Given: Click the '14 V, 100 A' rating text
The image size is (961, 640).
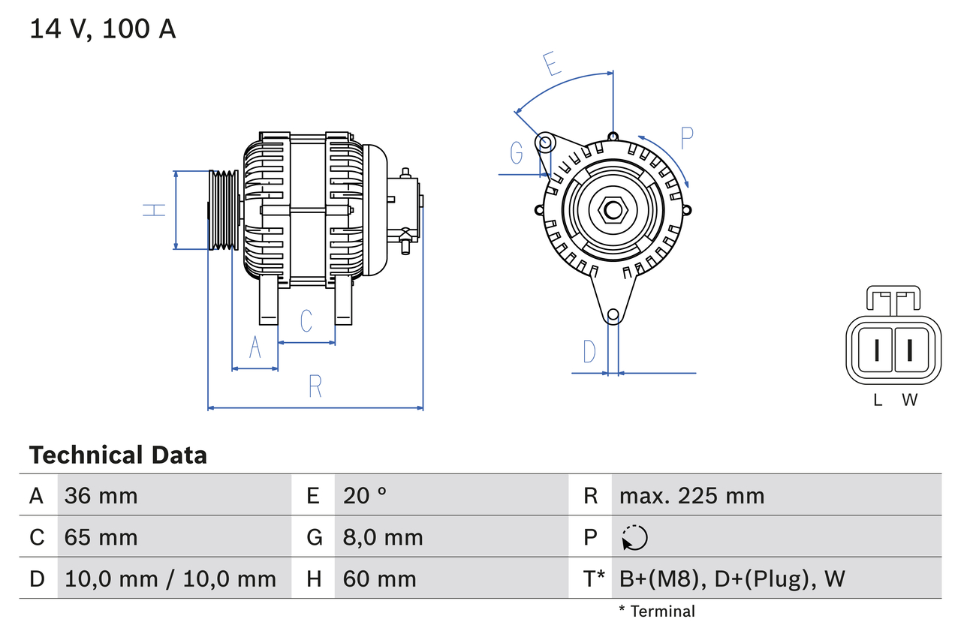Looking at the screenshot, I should [x=103, y=29].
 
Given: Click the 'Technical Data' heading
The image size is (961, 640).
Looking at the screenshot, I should [x=118, y=455].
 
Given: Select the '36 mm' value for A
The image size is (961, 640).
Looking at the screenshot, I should [x=101, y=495].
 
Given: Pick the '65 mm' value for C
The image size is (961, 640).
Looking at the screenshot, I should [x=101, y=537].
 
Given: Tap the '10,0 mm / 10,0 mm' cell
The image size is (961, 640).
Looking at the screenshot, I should [x=170, y=578].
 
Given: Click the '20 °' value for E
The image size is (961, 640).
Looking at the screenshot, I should [x=365, y=495].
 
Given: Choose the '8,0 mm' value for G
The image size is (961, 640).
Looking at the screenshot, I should [x=383, y=537].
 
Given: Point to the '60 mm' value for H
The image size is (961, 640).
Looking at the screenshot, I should [x=379, y=578].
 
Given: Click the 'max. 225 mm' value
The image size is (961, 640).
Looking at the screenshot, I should [x=691, y=495].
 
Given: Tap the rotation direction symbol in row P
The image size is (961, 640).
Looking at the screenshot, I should [x=634, y=537].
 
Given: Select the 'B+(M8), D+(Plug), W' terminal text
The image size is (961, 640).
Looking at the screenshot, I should [x=732, y=578].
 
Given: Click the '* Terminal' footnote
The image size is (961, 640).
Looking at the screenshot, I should [x=657, y=611].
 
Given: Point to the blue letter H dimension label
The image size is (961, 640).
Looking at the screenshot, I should [x=154, y=210].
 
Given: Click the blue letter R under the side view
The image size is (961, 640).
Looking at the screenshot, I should [x=315, y=386].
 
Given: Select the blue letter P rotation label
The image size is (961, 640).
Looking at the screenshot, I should [x=687, y=138].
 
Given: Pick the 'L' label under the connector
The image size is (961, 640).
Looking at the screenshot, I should [x=878, y=400].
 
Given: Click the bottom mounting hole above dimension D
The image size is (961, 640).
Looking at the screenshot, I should [x=613, y=315].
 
